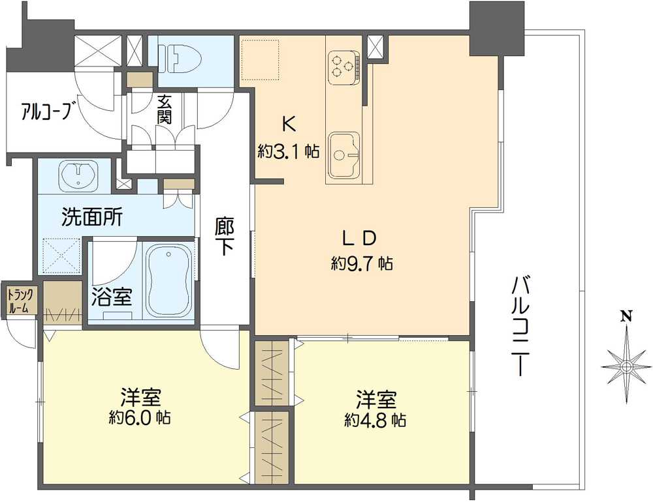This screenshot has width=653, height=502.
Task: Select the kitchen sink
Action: [343, 155]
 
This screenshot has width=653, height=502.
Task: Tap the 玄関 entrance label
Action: [165, 110]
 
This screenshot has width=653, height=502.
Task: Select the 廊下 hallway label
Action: [225, 237]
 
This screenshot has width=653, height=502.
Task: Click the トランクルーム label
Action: [20, 301]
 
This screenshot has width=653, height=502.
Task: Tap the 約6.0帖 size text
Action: [140, 417]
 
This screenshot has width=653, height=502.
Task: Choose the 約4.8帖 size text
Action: [375, 421]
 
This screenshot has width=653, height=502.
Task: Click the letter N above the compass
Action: [626, 316]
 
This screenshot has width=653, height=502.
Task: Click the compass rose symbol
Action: [626, 366]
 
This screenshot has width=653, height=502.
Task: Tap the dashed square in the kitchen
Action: [261, 59]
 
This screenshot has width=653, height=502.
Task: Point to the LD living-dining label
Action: [359, 238]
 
